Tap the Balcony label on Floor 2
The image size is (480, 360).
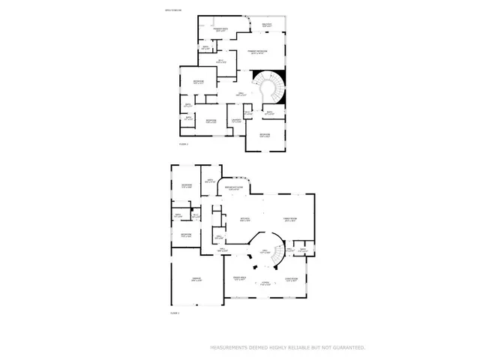[267, 25]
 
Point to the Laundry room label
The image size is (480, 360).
[235, 119]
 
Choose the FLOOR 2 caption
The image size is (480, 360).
[183, 143]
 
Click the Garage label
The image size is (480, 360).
[196, 280]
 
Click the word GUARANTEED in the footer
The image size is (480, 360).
[346, 348]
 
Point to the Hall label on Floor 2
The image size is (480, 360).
[240, 94]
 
